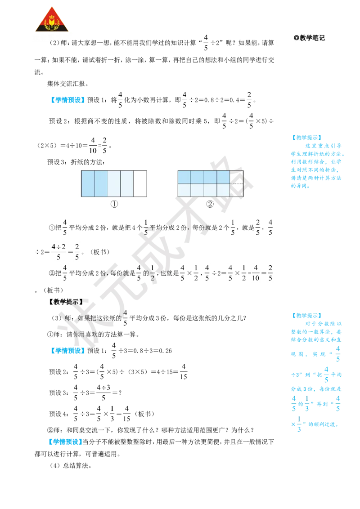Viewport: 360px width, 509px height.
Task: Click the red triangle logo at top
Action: point(52,20)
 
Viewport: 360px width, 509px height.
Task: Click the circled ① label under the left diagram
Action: point(114,204)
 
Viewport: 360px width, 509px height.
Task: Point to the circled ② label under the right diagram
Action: point(210,204)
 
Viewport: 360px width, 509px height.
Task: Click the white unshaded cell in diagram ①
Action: point(140,183)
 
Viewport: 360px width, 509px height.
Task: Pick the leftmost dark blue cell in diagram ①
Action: point(88,183)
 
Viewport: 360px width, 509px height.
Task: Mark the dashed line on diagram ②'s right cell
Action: point(237,184)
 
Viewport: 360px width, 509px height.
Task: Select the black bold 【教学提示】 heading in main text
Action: point(66,302)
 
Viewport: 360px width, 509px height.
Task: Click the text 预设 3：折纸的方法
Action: point(76,162)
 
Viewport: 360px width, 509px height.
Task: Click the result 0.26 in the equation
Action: point(165,351)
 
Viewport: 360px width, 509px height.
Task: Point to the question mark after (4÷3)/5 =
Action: point(120,393)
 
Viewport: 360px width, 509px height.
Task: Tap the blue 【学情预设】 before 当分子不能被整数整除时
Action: point(64,442)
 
